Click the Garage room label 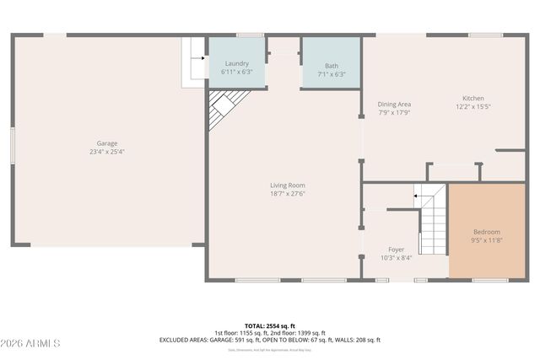(106, 144)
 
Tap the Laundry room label (236, 64)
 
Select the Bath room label (332, 66)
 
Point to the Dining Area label (394, 104)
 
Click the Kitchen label (472, 99)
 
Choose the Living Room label (287, 185)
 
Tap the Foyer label (396, 250)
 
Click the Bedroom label (486, 232)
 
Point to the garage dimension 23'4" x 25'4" (106, 152)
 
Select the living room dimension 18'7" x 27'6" (287, 193)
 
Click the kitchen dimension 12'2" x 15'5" (472, 106)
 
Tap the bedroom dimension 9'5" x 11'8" (486, 239)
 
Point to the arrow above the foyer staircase (416, 196)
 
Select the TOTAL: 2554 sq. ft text (270, 325)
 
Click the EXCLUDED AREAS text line (270, 340)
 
